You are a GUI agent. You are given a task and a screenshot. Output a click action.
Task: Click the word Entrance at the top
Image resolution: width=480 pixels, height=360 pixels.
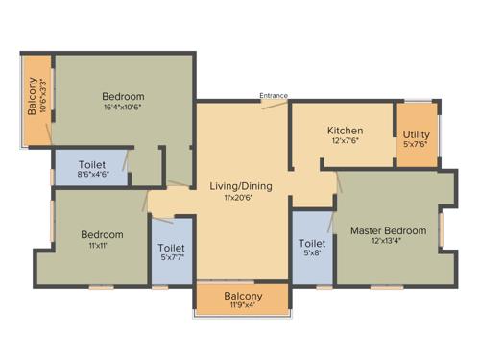pyautogui.click(x=274, y=95)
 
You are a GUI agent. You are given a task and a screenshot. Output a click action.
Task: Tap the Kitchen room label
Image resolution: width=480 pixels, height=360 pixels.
pyautogui.click(x=345, y=131)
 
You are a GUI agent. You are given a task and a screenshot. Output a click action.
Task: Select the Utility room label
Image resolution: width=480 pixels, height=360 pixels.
pyautogui.click(x=417, y=135)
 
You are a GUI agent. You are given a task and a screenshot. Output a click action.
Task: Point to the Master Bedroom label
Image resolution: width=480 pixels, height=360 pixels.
pyautogui.click(x=388, y=230)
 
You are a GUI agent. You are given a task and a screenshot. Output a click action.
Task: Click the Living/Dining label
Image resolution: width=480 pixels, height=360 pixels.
pyautogui.click(x=242, y=185)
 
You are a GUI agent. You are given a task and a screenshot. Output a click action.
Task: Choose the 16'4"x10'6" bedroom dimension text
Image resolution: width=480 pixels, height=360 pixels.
pyautogui.click(x=124, y=108)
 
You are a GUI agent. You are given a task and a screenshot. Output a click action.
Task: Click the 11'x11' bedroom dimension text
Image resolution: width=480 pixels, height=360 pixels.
pyautogui.click(x=101, y=247)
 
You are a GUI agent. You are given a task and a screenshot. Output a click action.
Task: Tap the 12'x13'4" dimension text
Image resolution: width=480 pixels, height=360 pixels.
pyautogui.click(x=388, y=242)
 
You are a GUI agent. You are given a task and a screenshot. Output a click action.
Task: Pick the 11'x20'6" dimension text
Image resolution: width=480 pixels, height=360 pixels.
pyautogui.click(x=242, y=197)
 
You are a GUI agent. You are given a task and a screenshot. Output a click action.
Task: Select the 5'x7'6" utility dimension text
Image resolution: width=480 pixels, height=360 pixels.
pyautogui.click(x=417, y=147)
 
